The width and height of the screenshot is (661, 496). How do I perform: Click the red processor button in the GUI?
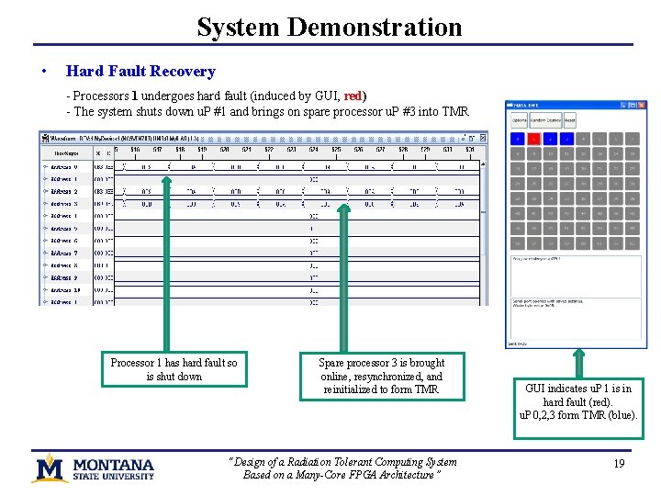pos(533,140)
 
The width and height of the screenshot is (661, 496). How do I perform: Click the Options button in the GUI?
pos(519,120)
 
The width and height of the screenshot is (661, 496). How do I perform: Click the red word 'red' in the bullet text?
pos(353,96)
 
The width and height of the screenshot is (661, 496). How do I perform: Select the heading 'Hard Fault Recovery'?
pos(140,72)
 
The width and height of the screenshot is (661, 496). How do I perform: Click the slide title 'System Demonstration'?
pos(330,27)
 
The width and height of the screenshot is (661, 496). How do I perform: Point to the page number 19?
pos(619,464)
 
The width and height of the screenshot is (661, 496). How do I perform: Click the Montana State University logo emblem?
pos(50,468)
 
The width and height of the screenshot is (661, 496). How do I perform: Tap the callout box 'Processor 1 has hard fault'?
pos(174,369)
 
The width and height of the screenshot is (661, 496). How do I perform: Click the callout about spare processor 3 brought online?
pos(382,376)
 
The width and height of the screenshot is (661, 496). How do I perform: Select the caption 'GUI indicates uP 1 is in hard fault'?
pos(578,401)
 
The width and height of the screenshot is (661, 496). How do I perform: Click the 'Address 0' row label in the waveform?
pos(63,167)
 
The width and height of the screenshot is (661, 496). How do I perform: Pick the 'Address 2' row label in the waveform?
pos(63,191)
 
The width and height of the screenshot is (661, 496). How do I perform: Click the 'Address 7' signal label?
pos(63,253)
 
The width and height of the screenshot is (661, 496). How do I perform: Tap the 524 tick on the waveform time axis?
pos(313,149)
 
